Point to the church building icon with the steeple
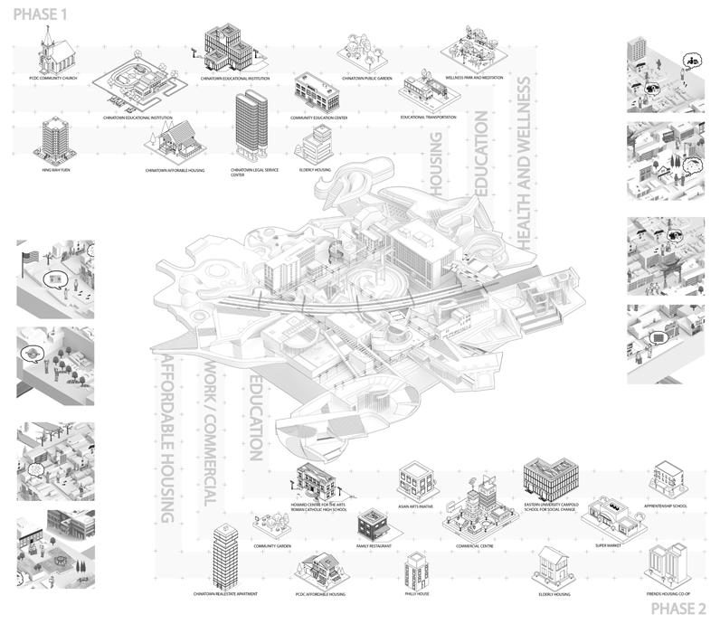click(x=51, y=55)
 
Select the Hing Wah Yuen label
click(x=55, y=169)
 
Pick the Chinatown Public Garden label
click(x=365, y=79)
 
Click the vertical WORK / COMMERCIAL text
click(x=210, y=434)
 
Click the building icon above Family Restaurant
click(x=371, y=523)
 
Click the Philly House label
click(x=417, y=593)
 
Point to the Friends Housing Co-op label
click(x=668, y=593)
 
